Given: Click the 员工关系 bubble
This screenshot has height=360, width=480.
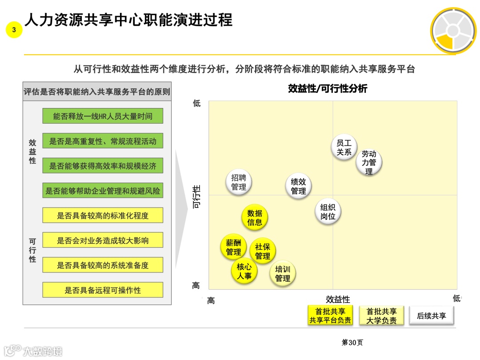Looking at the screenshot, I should point(344,148).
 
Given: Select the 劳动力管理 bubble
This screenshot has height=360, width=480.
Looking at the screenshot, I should point(369,162).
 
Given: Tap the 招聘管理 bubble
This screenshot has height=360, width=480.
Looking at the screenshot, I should point(239,182).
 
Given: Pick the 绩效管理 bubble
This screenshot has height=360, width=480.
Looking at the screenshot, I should point(298,186).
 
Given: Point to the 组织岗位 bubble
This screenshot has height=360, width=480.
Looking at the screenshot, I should point(328,212).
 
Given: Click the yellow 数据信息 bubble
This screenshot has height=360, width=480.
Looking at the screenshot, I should point(255,217).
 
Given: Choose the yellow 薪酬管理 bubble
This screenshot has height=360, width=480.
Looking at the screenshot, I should point(233,247).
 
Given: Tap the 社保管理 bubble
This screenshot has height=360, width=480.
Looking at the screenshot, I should point(263,251).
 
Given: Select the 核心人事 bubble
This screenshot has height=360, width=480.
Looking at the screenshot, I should point(244,271).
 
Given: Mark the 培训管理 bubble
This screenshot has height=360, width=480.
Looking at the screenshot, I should point(283,274).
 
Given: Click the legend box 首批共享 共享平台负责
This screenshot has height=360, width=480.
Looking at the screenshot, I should point(330,316).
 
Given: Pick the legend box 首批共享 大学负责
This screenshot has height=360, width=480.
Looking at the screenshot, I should point(381,316).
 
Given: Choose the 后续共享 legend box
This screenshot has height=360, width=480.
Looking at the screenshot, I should point(432,316).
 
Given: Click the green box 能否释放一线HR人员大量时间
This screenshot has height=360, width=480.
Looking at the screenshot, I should point(103,116).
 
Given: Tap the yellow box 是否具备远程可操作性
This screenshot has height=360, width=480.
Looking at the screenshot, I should point(103,290).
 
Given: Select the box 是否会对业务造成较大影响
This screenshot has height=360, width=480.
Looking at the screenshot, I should point(103,240).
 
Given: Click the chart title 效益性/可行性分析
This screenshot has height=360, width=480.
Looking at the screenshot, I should point(328,88).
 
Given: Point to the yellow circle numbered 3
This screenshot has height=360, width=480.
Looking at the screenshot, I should point(14,30).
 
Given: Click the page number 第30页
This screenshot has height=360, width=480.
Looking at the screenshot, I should point(352,342).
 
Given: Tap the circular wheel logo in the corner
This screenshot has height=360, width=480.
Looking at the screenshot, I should point(453,30).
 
